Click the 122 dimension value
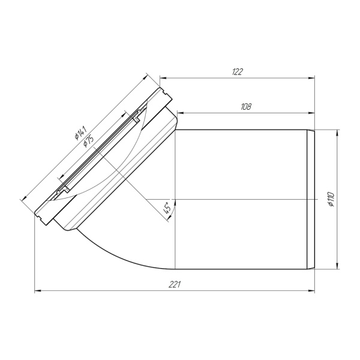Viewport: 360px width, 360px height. (x=238, y=72)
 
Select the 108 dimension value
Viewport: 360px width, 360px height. (x=246, y=107)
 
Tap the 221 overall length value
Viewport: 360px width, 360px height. (x=175, y=284)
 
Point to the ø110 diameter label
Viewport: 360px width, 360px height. (x=332, y=199)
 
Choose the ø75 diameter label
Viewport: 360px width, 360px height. (x=88, y=141)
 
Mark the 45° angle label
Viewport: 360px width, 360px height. (x=167, y=208)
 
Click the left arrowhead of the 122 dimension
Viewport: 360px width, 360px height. (x=163, y=78)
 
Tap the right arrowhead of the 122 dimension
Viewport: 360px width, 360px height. (x=311, y=78)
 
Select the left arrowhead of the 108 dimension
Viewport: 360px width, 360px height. (x=181, y=113)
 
